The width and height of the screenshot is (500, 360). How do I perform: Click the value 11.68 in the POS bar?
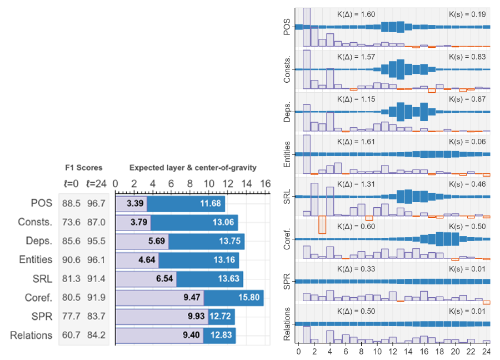(211, 203)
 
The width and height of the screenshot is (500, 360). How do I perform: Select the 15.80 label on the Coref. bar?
(248, 297)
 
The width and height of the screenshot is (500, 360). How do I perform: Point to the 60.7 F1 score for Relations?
(70, 335)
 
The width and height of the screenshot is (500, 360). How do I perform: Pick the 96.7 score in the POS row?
(97, 203)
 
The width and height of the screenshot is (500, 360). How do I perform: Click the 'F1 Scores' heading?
(83, 167)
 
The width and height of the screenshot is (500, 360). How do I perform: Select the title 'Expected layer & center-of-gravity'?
(193, 167)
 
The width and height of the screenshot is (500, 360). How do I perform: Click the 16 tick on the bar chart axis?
(265, 183)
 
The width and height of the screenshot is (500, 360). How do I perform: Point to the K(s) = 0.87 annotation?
(467, 99)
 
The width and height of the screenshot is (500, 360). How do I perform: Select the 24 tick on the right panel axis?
(487, 352)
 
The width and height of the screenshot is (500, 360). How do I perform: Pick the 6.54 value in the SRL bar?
(166, 278)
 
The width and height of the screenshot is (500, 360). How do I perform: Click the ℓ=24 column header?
(97, 183)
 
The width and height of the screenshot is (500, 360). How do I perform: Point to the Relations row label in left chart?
(32, 335)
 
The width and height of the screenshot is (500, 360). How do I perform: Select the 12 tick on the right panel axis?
(393, 352)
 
